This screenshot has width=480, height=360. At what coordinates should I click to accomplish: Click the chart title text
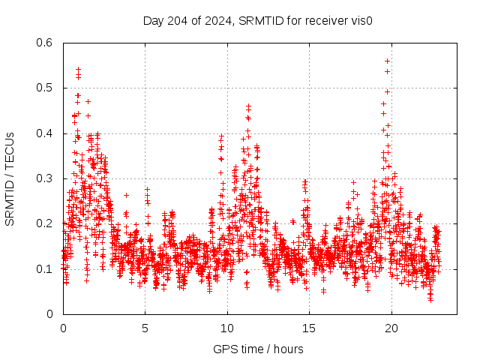click(x=258, y=20)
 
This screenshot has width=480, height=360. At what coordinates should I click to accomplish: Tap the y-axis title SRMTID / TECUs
click(x=10, y=178)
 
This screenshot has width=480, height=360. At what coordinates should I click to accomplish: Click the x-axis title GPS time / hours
click(x=258, y=349)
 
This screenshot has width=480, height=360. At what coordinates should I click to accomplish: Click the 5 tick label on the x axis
click(x=145, y=328)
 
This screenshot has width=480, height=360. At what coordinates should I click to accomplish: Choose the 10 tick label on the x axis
click(x=227, y=328)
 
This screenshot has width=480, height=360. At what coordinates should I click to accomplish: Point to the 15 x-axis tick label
click(x=310, y=328)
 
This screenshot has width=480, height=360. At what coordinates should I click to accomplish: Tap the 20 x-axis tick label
click(x=391, y=328)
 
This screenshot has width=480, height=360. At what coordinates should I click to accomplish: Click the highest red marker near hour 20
click(x=387, y=61)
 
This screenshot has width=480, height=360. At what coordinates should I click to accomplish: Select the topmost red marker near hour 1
click(x=78, y=69)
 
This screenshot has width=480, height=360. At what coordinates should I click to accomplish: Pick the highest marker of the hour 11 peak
click(x=248, y=106)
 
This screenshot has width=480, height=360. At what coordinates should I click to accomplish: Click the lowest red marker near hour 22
click(x=430, y=299)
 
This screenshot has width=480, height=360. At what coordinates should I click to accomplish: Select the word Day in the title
click(x=153, y=20)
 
